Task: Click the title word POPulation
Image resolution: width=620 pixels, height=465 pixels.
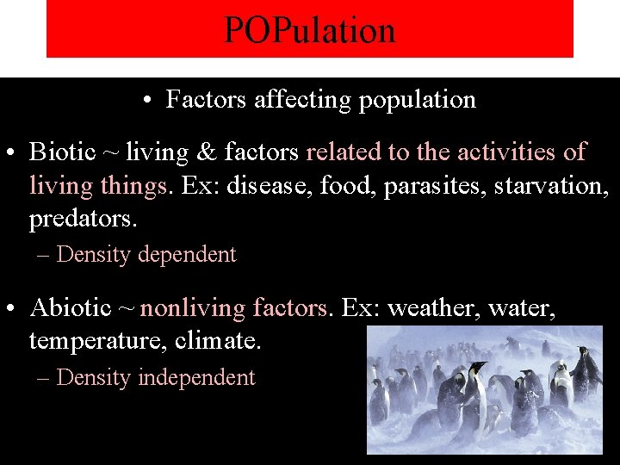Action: click(x=310, y=30)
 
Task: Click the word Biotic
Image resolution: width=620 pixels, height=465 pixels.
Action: click(x=62, y=152)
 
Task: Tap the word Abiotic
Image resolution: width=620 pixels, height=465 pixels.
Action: click(x=71, y=307)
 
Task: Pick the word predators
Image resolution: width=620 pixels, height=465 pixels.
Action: click(x=83, y=219)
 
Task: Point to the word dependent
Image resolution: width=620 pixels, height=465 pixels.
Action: click(x=187, y=255)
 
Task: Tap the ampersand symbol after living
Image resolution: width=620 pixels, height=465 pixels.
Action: click(x=207, y=152)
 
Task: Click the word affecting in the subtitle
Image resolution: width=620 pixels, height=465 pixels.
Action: click(x=303, y=100)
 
